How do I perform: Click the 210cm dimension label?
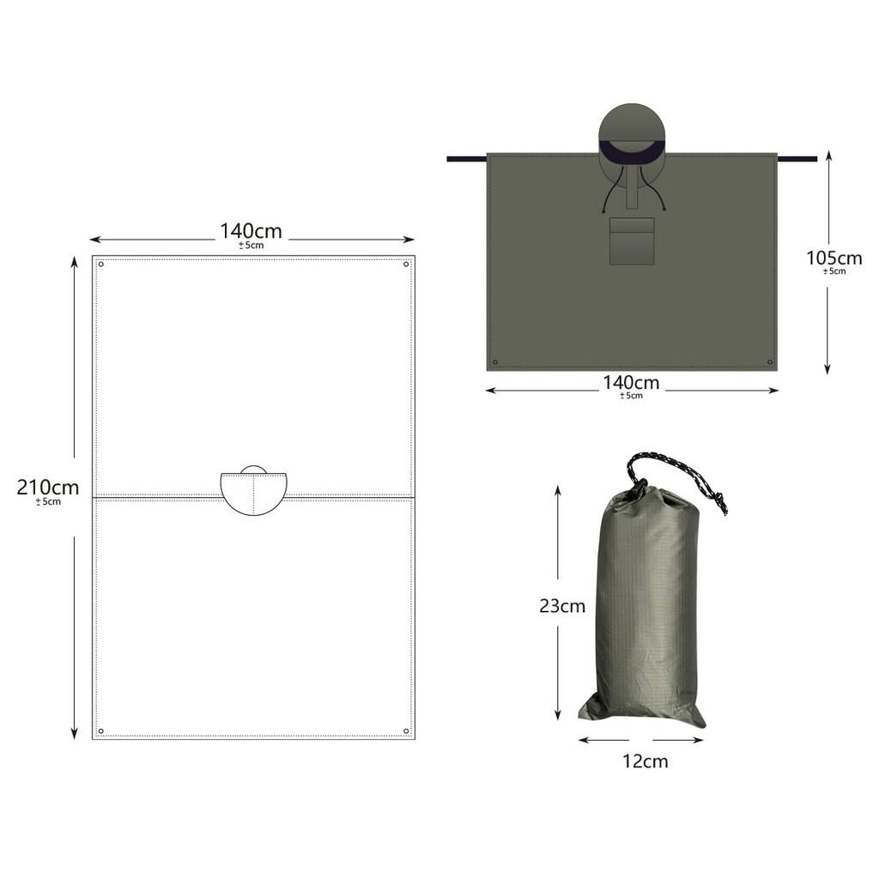point(48,488)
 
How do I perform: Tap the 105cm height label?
point(834,258)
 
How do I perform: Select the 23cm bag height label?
point(562,605)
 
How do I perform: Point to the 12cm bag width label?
point(646,761)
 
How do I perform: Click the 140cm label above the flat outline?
point(251,230)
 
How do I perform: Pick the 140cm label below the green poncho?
point(631,382)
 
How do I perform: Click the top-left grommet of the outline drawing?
point(101,264)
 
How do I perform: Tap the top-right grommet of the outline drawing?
point(406,264)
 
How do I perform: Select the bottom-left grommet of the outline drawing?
point(101,731)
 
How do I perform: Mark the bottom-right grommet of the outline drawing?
point(406,731)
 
